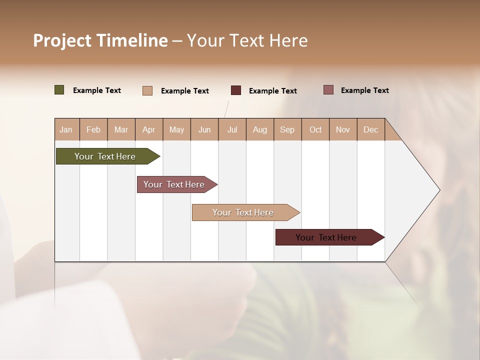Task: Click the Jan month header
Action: [66, 130]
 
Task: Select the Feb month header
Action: [93, 130]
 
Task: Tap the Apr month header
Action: [149, 130]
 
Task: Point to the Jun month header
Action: [204, 130]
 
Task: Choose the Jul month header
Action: [232, 130]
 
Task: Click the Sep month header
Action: [287, 130]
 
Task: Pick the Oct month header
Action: [315, 130]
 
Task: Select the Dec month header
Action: [370, 130]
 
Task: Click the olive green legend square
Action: [59, 90]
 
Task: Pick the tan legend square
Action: [147, 90]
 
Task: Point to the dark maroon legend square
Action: [236, 90]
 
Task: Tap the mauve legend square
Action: [328, 90]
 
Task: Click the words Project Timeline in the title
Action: [100, 40]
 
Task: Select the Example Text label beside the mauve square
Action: [364, 90]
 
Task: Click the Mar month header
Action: [121, 130]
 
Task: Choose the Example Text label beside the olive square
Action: [97, 90]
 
